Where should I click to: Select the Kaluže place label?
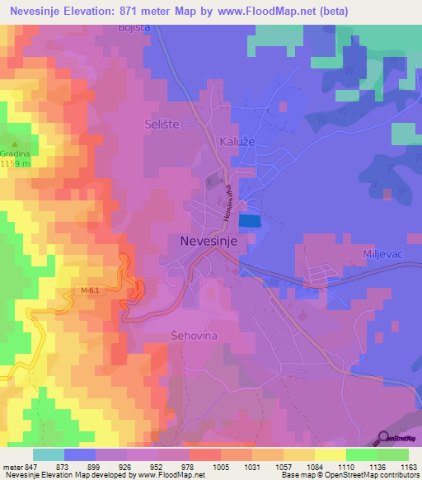point(236,141)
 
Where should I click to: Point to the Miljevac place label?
point(381,256)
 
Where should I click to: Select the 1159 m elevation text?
point(16,163)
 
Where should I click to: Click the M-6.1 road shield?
point(92,290)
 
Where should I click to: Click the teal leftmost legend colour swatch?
point(49,454)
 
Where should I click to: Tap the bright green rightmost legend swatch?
point(393,454)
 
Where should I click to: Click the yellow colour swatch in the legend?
point(330,454)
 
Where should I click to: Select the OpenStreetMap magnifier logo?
point(384,438)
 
